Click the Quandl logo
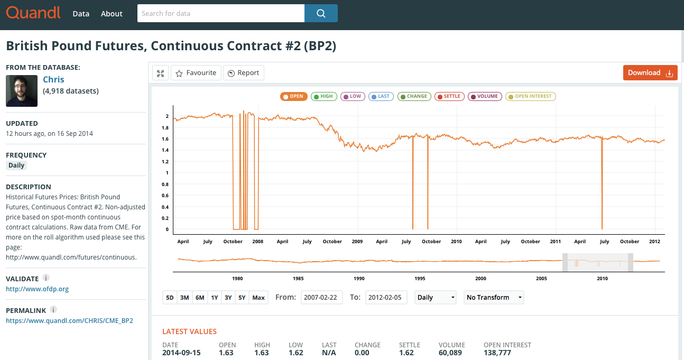pyautogui.click(x=33, y=13)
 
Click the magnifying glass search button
pyautogui.click(x=321, y=13)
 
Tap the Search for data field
pyautogui.click(x=221, y=13)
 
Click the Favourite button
pyautogui.click(x=196, y=72)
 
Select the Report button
pyautogui.click(x=244, y=72)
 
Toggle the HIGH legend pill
pyautogui.click(x=323, y=96)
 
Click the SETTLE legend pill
pyautogui.click(x=449, y=96)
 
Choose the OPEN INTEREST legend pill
pyautogui.click(x=530, y=96)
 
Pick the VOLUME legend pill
pyautogui.click(x=485, y=96)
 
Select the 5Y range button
pyautogui.click(x=242, y=298)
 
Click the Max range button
pyautogui.click(x=258, y=298)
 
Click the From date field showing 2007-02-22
pyautogui.click(x=321, y=298)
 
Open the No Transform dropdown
pyautogui.click(x=494, y=298)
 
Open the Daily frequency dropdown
pyautogui.click(x=436, y=298)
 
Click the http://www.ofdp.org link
pyautogui.click(x=37, y=289)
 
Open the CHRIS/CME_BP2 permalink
pyautogui.click(x=70, y=320)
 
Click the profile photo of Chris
pyautogui.click(x=22, y=91)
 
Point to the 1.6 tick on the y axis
pyautogui.click(x=165, y=139)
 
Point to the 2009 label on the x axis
pyautogui.click(x=357, y=242)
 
